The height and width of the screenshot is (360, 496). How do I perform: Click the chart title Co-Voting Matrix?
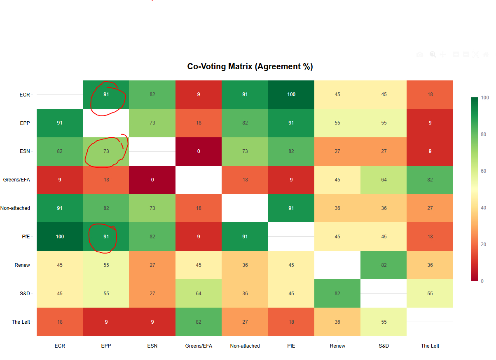[250, 66]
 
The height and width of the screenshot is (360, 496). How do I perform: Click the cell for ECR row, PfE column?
[291, 94]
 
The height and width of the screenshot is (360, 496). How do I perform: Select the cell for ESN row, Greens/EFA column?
[199, 151]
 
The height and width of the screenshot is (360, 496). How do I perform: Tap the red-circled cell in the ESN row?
[106, 151]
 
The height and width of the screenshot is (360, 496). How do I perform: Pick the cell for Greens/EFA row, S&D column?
[384, 180]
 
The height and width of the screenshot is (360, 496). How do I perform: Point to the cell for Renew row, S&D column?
[384, 265]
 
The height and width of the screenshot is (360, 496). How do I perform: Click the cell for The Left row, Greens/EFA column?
[199, 322]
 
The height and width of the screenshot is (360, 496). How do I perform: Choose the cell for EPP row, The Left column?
[430, 123]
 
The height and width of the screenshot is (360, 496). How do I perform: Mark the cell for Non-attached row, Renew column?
[337, 208]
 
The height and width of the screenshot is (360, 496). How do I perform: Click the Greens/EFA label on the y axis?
[16, 180]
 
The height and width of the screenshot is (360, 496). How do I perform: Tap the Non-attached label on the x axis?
[245, 346]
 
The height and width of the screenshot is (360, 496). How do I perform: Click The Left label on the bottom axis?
[430, 346]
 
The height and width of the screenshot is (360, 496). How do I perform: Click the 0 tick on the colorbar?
[482, 281]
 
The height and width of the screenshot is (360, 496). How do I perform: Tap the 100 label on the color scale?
[485, 98]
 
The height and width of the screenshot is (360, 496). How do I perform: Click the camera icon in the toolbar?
[420, 54]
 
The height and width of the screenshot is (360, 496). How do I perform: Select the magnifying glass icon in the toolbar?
[433, 54]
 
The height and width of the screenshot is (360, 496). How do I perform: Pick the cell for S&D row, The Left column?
[430, 293]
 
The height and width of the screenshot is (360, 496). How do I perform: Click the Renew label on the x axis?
[337, 346]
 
